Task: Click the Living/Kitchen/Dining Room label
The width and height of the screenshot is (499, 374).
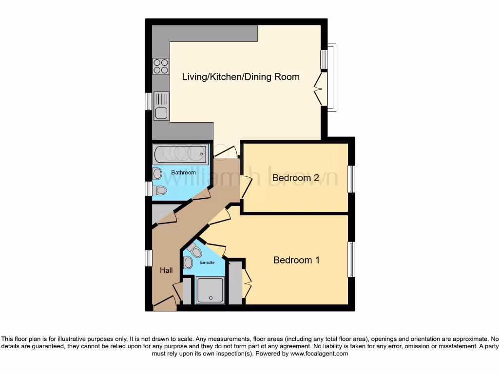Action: click(241, 77)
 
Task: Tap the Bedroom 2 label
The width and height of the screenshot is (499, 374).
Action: click(296, 178)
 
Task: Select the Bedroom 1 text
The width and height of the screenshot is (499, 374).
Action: click(296, 260)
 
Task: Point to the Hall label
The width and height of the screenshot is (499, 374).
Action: click(166, 270)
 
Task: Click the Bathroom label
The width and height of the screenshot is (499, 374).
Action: click(184, 173)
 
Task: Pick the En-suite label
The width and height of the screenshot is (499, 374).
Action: click(207, 262)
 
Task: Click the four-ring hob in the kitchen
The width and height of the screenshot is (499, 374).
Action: click(161, 66)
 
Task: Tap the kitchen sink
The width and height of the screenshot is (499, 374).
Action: click(161, 107)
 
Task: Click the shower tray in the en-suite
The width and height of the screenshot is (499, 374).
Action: click(210, 289)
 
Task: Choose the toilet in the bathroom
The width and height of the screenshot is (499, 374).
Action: click(159, 189)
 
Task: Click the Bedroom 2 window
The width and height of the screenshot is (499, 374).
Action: click(351, 179)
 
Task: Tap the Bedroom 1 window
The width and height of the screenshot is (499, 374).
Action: click(351, 259)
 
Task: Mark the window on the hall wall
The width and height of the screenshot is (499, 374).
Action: click(149, 258)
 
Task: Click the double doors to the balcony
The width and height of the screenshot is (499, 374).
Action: click(320, 88)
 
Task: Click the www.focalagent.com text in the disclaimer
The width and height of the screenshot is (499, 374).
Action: click(319, 354)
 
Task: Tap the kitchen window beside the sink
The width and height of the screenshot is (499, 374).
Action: click(149, 101)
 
